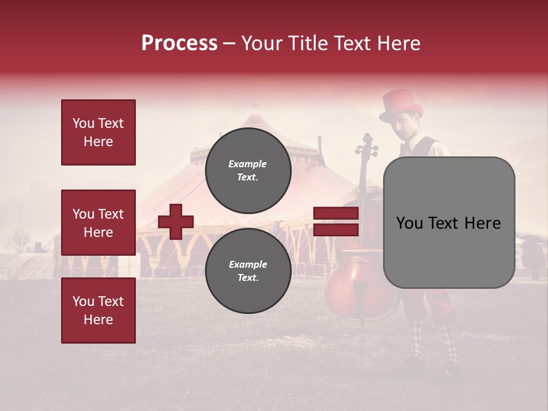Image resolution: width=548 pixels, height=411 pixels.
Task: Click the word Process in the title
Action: click(x=179, y=43)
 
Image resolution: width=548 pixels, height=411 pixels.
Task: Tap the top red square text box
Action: click(x=98, y=132)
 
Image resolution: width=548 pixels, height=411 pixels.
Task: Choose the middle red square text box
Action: click(x=98, y=223)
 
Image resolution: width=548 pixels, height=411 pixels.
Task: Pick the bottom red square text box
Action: click(x=98, y=311)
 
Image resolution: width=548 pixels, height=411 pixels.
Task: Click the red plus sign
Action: click(x=176, y=221)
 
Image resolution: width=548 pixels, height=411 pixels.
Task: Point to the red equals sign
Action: click(x=336, y=221)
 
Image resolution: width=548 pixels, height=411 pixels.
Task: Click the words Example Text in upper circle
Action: click(x=248, y=170)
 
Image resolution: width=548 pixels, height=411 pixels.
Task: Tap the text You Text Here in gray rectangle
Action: click(x=449, y=223)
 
